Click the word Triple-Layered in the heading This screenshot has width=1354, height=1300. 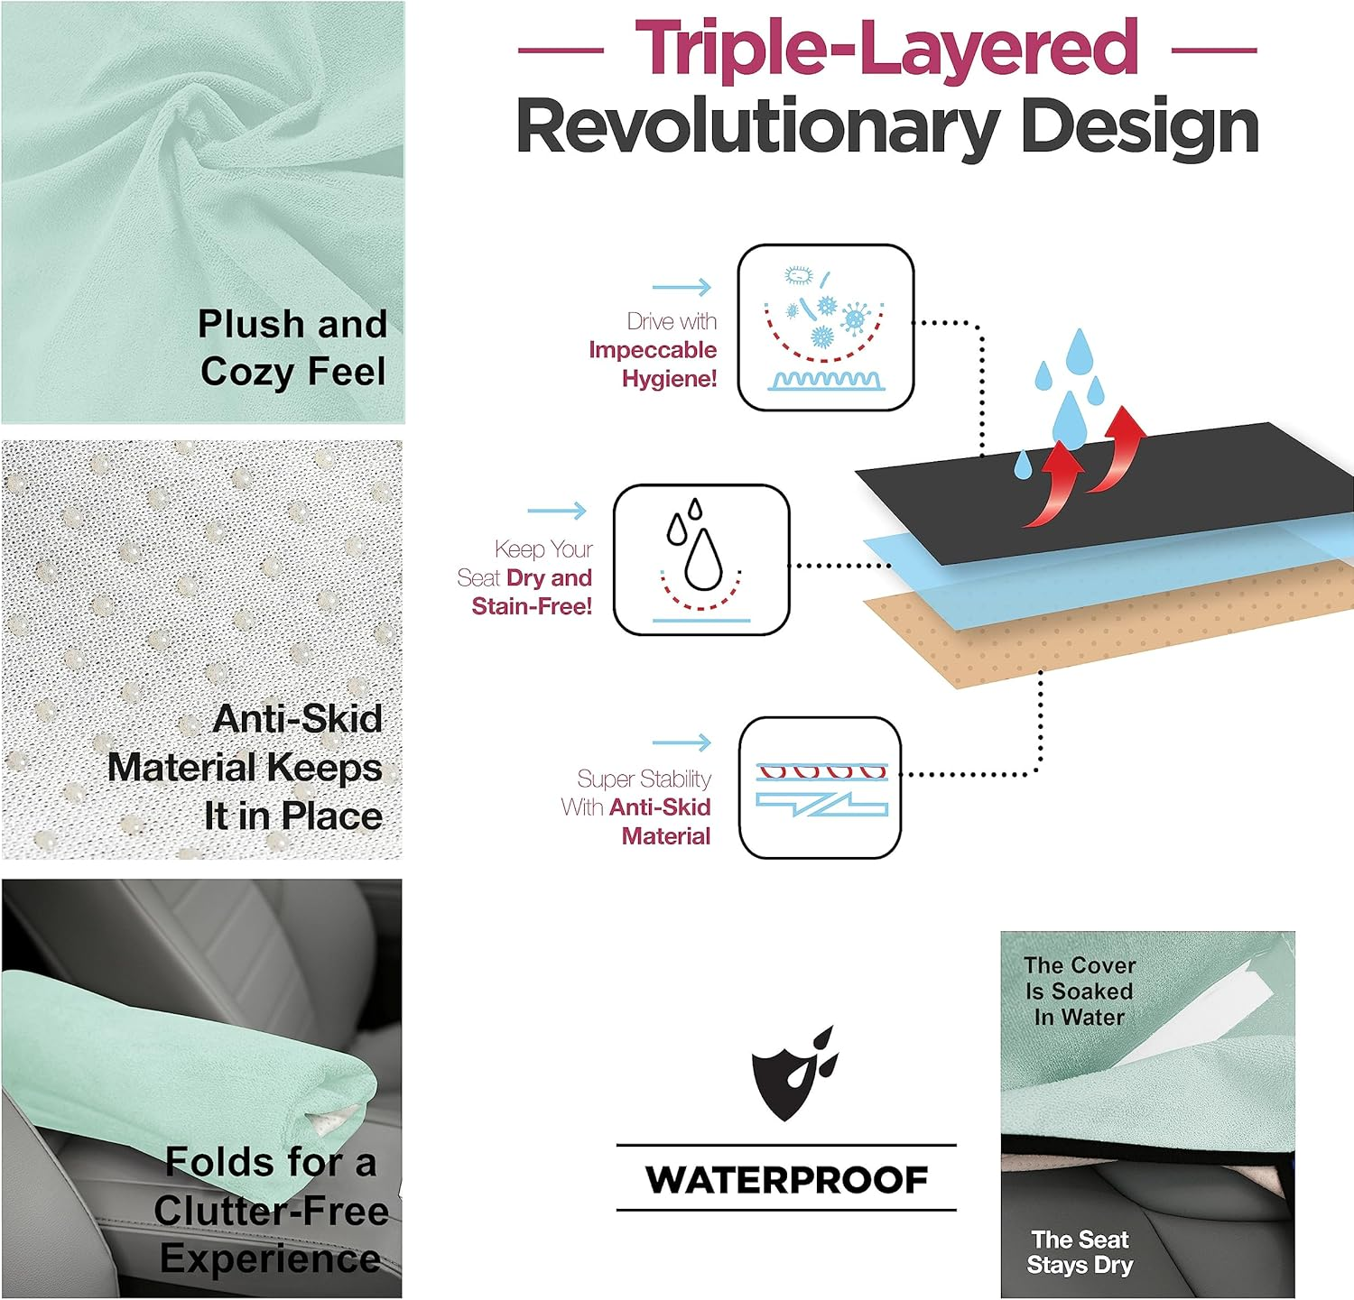[886, 49]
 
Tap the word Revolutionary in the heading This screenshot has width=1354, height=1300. [756, 127]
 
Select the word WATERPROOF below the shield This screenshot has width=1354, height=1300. [786, 1179]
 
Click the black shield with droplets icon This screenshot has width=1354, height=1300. [793, 1073]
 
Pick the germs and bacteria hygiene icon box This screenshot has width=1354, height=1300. [826, 327]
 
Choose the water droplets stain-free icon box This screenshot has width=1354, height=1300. [701, 560]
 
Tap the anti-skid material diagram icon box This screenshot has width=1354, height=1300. [820, 788]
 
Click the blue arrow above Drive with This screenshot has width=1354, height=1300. [682, 288]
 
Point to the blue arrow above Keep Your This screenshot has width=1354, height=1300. [557, 512]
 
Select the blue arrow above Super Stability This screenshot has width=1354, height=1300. [682, 742]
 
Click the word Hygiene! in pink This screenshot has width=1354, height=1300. [669, 379]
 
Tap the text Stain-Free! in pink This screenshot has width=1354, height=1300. [532, 606]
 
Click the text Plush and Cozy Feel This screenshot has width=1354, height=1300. [292, 347]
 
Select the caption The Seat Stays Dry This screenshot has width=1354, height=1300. [1080, 1252]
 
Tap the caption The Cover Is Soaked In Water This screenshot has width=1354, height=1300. [1080, 991]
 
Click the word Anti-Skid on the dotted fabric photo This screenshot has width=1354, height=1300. [298, 719]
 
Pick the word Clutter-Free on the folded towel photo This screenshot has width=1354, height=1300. [271, 1211]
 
